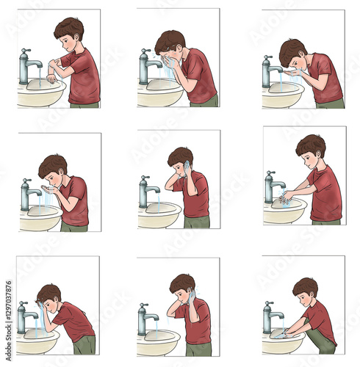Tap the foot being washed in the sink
280,334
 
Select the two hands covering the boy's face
170,61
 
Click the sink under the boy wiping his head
37,340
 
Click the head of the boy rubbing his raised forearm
70,31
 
